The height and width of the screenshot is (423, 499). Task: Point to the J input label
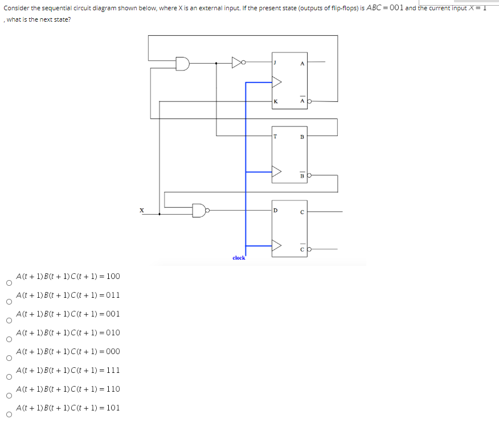pyautogui.click(x=275, y=63)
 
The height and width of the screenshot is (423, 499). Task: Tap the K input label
pyautogui.click(x=276, y=102)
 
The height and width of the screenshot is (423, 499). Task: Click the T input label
pyautogui.click(x=276, y=136)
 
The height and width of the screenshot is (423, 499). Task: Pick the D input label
pyautogui.click(x=276, y=211)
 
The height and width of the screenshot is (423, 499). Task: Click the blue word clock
pyautogui.click(x=239, y=258)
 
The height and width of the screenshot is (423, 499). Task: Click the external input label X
pyautogui.click(x=141, y=211)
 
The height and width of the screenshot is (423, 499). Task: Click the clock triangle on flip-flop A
pyautogui.click(x=277, y=83)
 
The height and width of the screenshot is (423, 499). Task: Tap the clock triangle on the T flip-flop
pyautogui.click(x=277, y=172)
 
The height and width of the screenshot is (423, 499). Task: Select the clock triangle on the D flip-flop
pyautogui.click(x=277, y=246)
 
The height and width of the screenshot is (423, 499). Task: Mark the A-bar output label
pyautogui.click(x=302, y=101)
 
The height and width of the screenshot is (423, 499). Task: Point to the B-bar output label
pyautogui.click(x=302, y=175)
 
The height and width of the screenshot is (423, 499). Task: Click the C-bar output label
pyautogui.click(x=302, y=249)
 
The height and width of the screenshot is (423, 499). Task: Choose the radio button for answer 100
pyautogui.click(x=8, y=282)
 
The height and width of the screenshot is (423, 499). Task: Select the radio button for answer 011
pyautogui.click(x=8, y=301)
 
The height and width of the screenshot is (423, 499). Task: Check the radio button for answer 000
pyautogui.click(x=8, y=358)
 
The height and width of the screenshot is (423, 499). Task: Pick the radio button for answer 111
pyautogui.click(x=8, y=376)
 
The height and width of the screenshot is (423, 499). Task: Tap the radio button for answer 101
pyautogui.click(x=8, y=414)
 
